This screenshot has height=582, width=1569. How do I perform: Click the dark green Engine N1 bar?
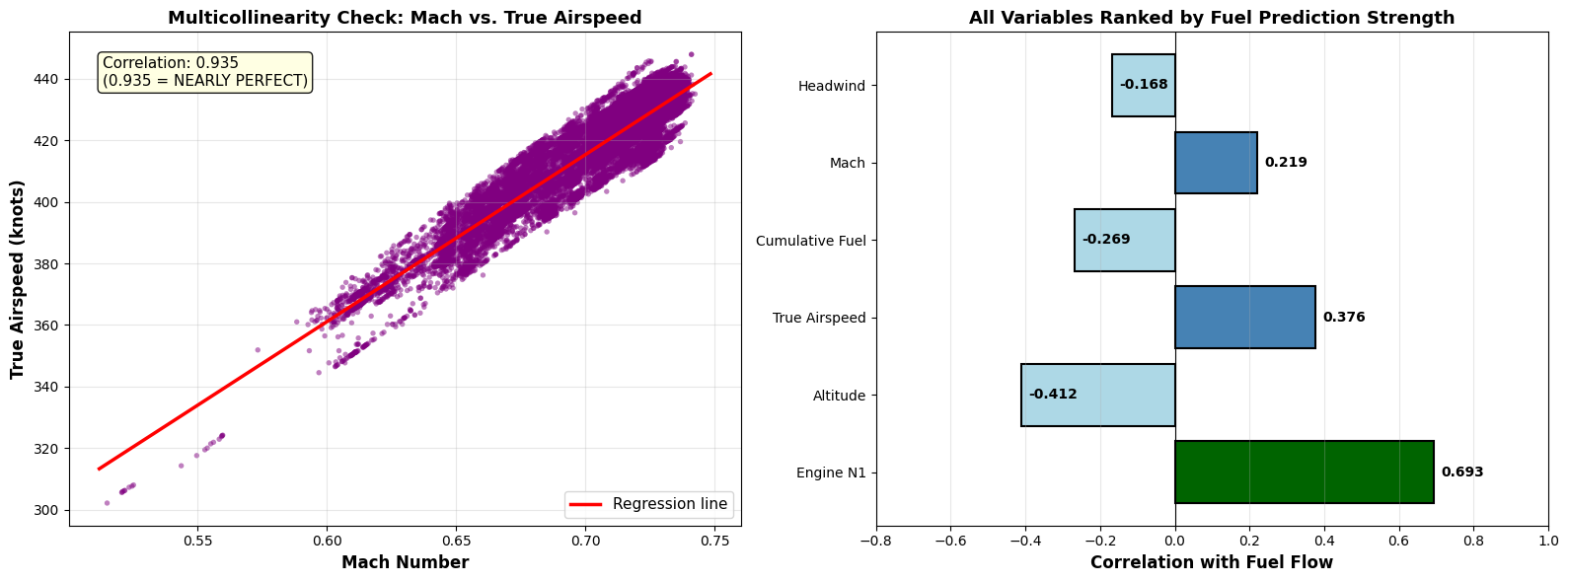click(1304, 473)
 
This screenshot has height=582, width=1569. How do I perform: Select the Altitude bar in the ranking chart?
click(1097, 396)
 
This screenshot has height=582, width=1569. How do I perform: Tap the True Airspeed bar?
click(1244, 318)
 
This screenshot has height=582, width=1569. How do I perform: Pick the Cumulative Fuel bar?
click(1124, 240)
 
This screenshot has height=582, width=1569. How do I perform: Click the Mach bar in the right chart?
click(1216, 163)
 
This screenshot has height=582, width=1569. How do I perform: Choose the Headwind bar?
click(1143, 85)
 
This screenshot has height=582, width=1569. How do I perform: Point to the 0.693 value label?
click(1461, 473)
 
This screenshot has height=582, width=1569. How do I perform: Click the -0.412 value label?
click(1053, 395)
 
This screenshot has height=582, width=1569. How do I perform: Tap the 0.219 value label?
click(1285, 163)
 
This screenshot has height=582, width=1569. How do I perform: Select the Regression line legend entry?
click(649, 504)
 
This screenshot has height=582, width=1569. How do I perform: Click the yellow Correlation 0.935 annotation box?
click(205, 72)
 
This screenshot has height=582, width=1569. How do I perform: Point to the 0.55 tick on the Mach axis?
click(197, 541)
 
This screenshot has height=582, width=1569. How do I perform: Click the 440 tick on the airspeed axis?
click(46, 79)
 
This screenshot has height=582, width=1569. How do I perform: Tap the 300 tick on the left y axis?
click(46, 510)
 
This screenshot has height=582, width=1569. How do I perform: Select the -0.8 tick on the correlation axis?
click(875, 541)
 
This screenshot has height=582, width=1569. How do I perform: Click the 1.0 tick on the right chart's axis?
click(1547, 541)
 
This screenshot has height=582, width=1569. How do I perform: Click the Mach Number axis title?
click(405, 562)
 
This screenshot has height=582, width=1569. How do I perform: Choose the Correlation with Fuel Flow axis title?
click(1211, 562)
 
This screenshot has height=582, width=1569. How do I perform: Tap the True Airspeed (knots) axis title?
click(17, 279)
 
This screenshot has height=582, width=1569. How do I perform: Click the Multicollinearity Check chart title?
click(405, 18)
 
